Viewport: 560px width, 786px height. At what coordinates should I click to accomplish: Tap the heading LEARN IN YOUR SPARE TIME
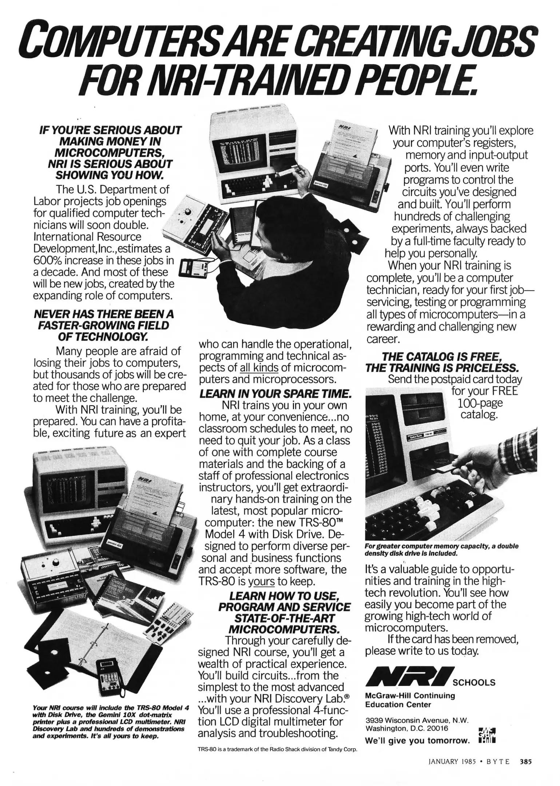(275, 393)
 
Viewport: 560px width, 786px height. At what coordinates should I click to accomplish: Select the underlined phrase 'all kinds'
(259, 368)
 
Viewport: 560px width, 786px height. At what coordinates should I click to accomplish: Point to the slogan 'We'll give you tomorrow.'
(417, 741)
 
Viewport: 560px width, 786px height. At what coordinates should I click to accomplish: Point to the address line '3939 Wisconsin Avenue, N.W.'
(417, 720)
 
